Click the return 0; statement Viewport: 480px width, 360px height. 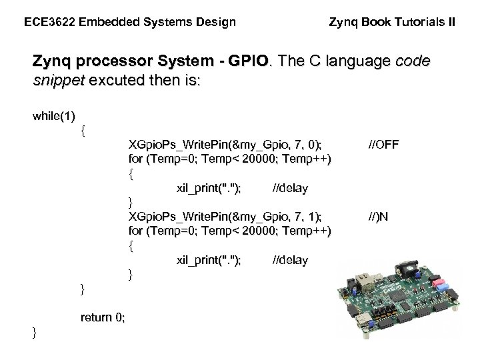pos(102,317)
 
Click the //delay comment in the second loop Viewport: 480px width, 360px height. pos(291,260)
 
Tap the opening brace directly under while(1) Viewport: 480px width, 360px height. pos(82,131)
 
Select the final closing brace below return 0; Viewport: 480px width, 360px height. pos(35,332)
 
